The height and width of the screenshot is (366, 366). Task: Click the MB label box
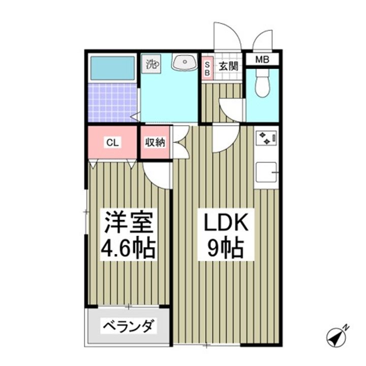point(262,59)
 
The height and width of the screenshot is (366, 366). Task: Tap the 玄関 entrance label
point(228,66)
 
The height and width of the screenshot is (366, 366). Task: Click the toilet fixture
point(262,84)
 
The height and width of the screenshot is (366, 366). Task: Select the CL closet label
point(112,143)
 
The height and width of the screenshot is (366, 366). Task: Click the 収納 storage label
point(156,143)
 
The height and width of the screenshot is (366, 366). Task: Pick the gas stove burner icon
point(267,137)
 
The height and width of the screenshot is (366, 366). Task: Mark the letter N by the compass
point(345,326)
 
